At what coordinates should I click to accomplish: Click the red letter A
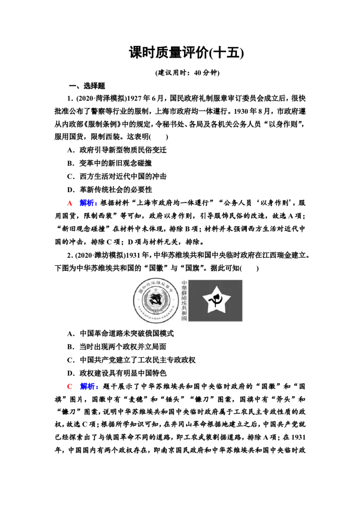(70, 204)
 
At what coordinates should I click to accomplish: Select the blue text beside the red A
(89, 204)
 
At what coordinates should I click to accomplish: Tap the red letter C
(70, 386)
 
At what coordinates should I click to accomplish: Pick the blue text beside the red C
(89, 386)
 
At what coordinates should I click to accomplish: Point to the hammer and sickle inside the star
(215, 300)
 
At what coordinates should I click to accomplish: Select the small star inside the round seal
(155, 292)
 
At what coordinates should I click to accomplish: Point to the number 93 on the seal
(155, 311)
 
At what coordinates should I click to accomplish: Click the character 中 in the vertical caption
(184, 283)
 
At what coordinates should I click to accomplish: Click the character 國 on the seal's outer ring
(139, 290)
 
